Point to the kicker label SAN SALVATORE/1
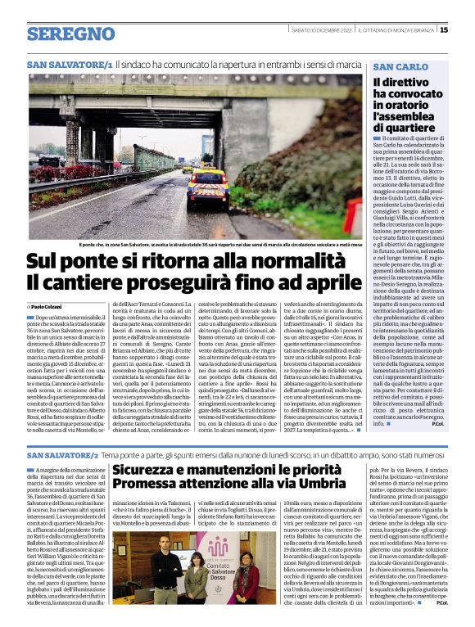(69, 64)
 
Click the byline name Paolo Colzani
(50, 306)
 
